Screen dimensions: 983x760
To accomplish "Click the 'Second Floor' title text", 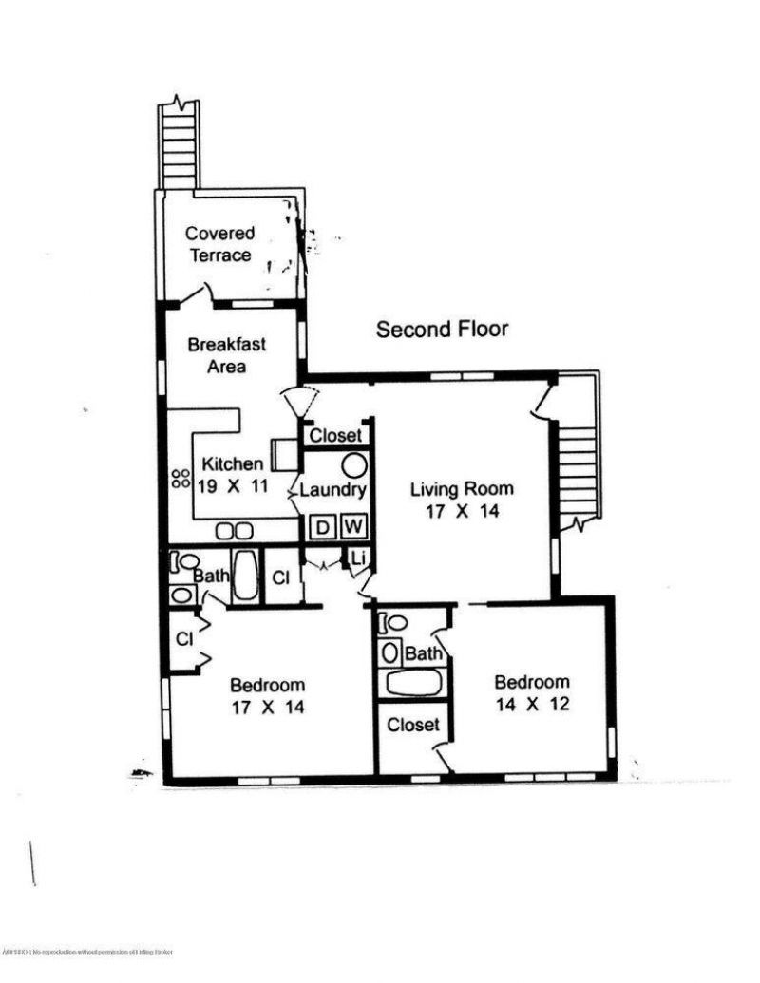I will tap(442, 330).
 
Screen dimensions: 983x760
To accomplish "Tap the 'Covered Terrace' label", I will tap(219, 244).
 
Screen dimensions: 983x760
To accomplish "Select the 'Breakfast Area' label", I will tap(226, 355).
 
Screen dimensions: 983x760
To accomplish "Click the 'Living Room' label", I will tap(462, 500).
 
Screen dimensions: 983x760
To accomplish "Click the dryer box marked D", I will tap(323, 525).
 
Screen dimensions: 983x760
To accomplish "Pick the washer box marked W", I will tap(352, 525).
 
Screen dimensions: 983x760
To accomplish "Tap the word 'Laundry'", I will tap(332, 490).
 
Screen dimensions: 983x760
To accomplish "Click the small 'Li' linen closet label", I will tap(358, 558).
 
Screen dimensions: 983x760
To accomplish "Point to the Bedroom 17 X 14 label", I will tap(267, 695).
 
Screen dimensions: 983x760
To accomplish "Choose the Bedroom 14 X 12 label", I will tap(532, 692).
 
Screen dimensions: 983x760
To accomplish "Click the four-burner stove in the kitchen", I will tap(180, 481).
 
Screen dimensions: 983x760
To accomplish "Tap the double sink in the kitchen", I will tap(234, 531).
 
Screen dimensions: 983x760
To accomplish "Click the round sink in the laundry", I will tap(353, 465).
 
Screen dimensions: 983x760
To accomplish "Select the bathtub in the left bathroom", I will tap(244, 576).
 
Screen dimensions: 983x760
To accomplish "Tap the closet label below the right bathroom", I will tap(413, 725).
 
